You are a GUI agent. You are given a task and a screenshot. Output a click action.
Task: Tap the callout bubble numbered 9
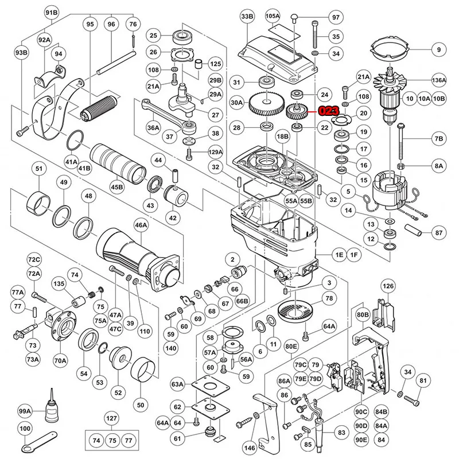(x=438, y=50)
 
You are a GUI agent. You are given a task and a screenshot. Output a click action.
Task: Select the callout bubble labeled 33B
(x=247, y=17)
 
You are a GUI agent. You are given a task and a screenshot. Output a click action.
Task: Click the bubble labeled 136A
(x=438, y=80)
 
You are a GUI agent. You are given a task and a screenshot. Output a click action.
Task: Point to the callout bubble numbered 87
(x=438, y=233)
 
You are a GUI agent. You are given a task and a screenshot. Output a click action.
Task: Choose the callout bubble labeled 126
(x=388, y=286)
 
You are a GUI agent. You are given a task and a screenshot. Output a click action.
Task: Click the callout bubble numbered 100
(x=25, y=428)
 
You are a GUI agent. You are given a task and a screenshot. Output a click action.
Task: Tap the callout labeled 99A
(x=25, y=411)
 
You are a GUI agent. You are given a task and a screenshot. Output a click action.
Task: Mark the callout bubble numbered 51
(x=39, y=169)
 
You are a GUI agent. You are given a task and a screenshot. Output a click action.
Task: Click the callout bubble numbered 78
(x=329, y=298)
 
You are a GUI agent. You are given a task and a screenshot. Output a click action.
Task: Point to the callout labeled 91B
(x=52, y=13)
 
